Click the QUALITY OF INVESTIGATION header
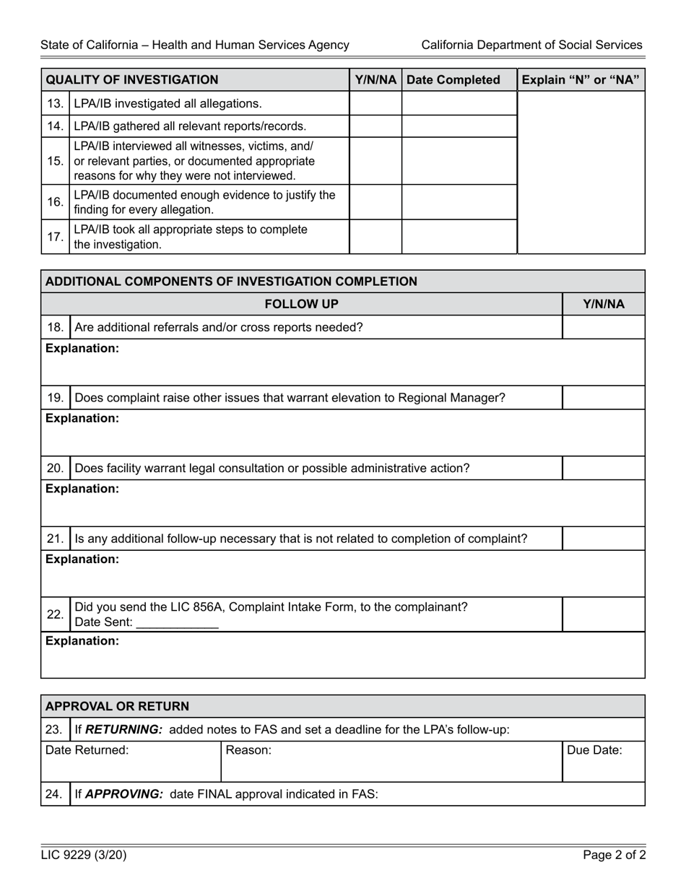click(132, 80)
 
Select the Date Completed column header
click(453, 80)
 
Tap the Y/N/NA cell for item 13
click(375, 104)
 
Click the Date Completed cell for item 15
click(459, 161)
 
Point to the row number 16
click(55, 202)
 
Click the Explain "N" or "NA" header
click(581, 80)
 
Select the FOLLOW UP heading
click(301, 304)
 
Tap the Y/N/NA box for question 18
click(603, 327)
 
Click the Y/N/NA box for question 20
click(603, 468)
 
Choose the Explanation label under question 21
click(82, 559)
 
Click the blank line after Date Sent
click(177, 622)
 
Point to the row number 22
click(55, 614)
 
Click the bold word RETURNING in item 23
click(126, 730)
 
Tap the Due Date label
click(595, 750)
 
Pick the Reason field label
click(248, 750)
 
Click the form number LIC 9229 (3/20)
click(84, 856)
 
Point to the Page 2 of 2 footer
click(615, 856)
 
